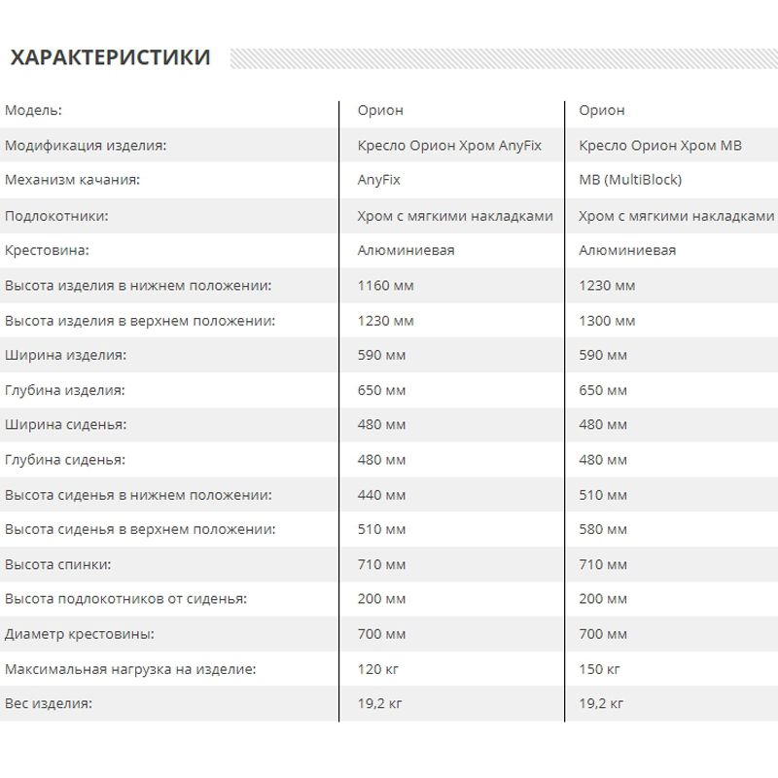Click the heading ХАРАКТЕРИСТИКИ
[x=109, y=57]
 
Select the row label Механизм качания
[x=73, y=180]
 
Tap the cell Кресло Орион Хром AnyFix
[x=449, y=145]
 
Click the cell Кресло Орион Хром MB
[x=659, y=145]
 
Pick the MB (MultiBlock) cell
[x=630, y=180]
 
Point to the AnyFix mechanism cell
[x=379, y=180]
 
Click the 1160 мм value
[x=386, y=285]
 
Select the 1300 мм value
[x=607, y=320]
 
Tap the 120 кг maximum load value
[x=378, y=669]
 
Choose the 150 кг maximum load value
[x=599, y=669]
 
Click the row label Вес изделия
[x=48, y=704]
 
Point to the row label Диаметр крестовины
[x=80, y=634]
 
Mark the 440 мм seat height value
[x=382, y=495]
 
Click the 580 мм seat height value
[x=603, y=530]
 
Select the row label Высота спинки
[x=57, y=564]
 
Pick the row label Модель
[x=33, y=110]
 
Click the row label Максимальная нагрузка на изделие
[x=130, y=669]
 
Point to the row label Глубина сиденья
[x=65, y=460]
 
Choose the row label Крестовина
[x=47, y=250]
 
